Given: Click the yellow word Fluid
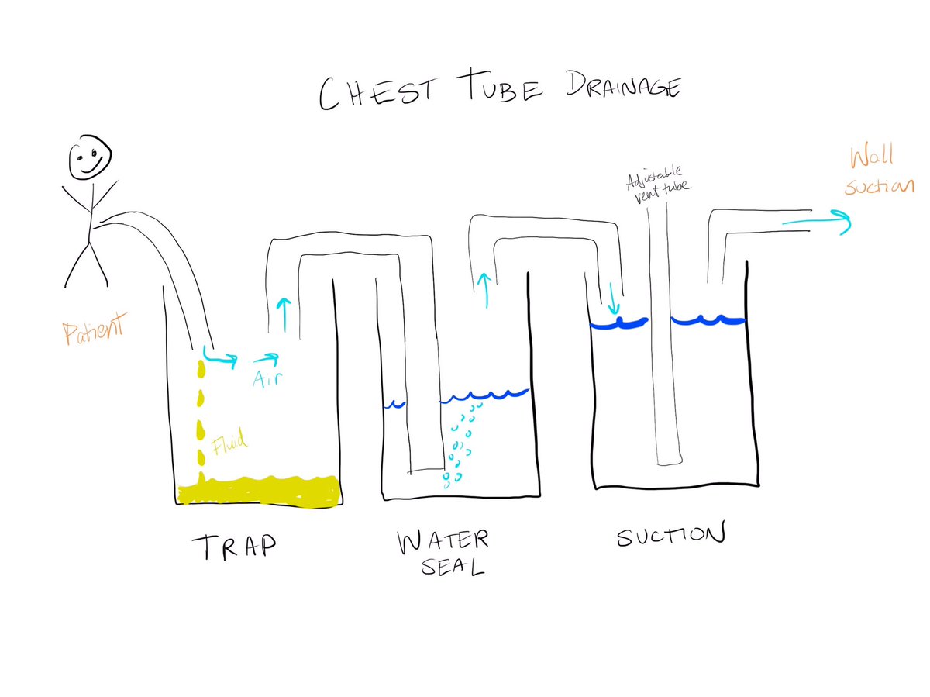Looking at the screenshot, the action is pos(230,443).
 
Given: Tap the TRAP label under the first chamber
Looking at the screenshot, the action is pos(232,546).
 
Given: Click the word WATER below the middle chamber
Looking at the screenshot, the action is pos(443,540).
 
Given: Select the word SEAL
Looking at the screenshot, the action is pos(454,567).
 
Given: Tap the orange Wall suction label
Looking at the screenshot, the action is pos(880,172).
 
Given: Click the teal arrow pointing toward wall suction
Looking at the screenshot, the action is pos(817,222).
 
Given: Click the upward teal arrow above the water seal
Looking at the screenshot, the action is pos(486,288).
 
